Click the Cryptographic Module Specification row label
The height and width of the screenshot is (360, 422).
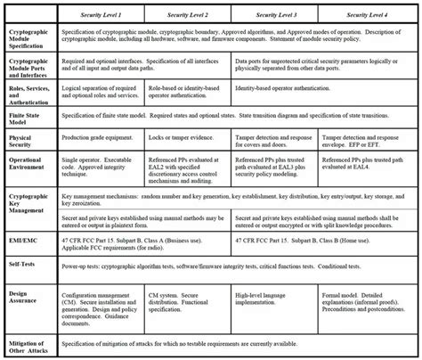(x=28, y=39)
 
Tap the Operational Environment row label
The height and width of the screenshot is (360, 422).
(x=28, y=168)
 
